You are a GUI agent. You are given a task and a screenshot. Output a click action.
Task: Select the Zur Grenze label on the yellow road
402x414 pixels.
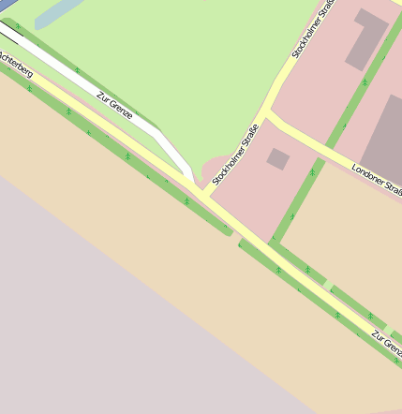[385, 344]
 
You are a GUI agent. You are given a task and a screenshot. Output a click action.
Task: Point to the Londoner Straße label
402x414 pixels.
[377, 181]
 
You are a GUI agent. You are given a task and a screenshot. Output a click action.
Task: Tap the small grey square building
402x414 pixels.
[277, 158]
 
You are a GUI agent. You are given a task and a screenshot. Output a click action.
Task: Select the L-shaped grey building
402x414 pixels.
[365, 38]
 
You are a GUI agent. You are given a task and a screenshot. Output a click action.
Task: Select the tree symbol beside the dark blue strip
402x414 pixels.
[17, 27]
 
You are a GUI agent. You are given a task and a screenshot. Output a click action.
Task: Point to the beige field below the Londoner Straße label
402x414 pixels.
[365, 244]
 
